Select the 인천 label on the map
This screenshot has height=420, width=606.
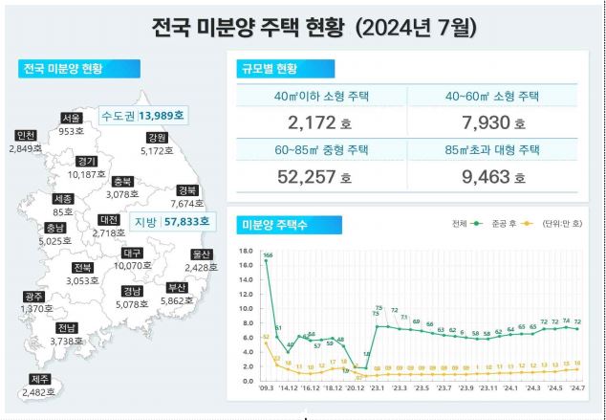26,135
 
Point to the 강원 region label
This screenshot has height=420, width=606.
157,138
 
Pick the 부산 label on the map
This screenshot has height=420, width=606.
177,287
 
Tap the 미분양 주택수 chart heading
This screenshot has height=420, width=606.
278,224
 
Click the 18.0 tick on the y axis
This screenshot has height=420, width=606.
245,252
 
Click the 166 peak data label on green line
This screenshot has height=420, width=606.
268,255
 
